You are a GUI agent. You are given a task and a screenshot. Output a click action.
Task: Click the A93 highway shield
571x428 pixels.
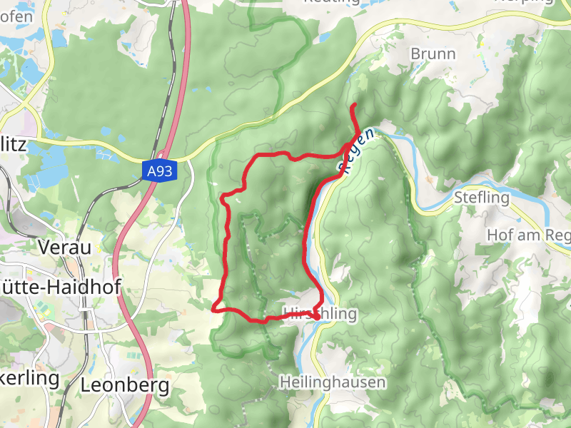point(158,171)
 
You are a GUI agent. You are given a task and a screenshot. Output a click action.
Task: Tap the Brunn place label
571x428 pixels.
point(433,53)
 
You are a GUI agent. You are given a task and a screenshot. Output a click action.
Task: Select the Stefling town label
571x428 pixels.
point(482,198)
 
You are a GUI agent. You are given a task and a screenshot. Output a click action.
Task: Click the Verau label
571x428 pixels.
point(65,248)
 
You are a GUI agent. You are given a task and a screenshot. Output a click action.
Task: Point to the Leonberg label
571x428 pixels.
point(125,386)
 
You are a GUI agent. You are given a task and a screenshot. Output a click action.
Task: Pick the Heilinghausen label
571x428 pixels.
point(333,382)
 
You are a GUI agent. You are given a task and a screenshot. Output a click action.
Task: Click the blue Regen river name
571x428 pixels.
point(356,151)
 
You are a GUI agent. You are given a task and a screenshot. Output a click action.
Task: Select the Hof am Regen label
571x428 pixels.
point(528,235)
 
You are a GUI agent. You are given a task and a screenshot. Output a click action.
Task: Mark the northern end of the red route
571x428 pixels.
point(353,106)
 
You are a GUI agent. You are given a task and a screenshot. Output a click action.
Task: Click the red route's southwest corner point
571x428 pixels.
point(214,309)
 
